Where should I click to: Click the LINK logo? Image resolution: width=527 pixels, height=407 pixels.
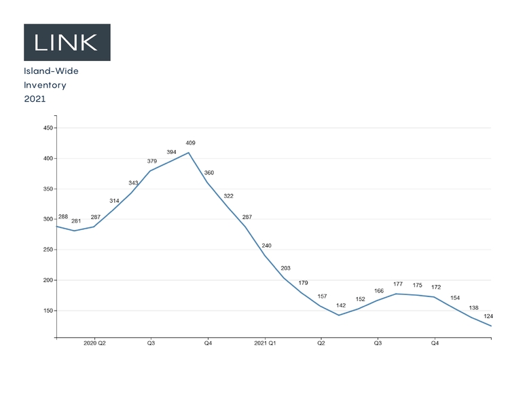pos(67,42)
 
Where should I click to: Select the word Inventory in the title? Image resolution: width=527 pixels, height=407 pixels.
pos(45,85)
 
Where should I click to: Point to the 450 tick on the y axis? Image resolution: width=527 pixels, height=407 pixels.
pos(46,128)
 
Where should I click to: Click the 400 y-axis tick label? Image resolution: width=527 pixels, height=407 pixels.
pos(46,159)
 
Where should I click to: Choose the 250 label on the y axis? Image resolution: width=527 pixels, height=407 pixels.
pos(46,250)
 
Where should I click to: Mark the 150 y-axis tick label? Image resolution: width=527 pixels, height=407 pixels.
pos(46,311)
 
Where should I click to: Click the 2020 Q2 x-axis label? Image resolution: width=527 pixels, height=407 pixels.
pos(94,343)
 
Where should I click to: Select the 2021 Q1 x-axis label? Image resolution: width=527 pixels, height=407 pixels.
pos(264,343)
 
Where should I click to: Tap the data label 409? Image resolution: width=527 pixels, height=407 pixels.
pos(190,143)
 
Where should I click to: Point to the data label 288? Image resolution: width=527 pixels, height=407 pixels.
pos(63,217)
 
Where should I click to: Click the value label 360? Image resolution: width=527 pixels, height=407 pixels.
pos(209,173)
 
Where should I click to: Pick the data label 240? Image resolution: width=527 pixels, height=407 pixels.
pos(266,246)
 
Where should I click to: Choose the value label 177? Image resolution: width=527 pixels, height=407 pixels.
pos(398,285)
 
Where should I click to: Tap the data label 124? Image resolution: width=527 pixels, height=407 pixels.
pos(488,317)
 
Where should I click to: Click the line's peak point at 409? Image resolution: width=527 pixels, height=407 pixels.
pos(189,153)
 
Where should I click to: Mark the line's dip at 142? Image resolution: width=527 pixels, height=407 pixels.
pos(339,315)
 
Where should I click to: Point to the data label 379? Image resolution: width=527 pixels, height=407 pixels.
pos(152,161)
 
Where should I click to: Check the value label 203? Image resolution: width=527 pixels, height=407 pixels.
pos(285,268)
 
